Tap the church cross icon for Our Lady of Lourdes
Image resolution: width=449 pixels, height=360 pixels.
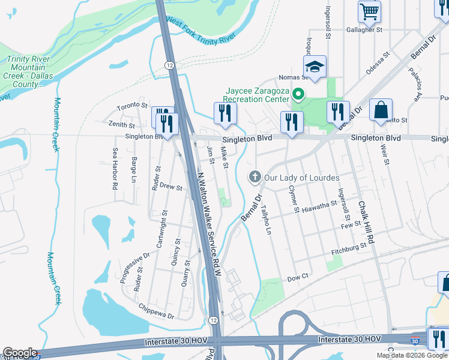click(x=255, y=177)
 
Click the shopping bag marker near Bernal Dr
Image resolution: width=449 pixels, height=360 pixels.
click(x=381, y=110)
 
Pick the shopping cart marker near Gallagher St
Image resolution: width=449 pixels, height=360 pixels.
click(x=369, y=11)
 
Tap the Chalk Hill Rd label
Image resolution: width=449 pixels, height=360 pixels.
click(x=366, y=222)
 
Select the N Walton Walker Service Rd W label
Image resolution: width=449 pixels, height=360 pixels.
click(x=209, y=225)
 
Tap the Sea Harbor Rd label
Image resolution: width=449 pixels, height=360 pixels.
click(x=114, y=170)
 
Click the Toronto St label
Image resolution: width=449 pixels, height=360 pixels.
click(x=132, y=106)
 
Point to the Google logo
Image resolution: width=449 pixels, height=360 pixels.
click(x=20, y=353)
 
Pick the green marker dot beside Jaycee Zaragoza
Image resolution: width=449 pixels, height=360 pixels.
click(x=303, y=94)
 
